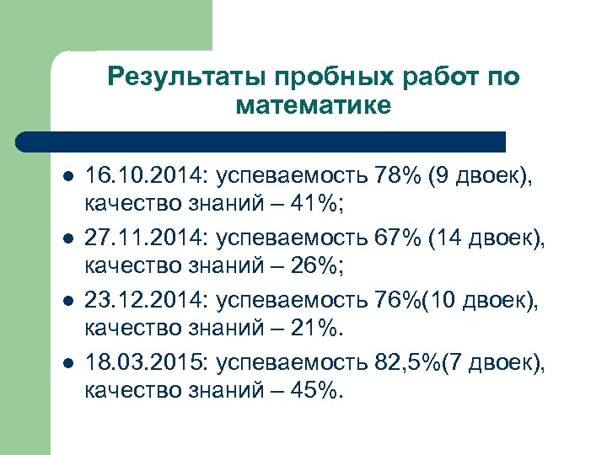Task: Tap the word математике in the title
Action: pyautogui.click(x=314, y=105)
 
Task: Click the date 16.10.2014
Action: pyautogui.click(x=144, y=175)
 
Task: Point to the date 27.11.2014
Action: pyautogui.click(x=144, y=241)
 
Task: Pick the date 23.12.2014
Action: pyautogui.click(x=144, y=300)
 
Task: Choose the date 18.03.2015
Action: pyautogui.click(x=144, y=362)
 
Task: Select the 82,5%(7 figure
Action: pyautogui.click(x=419, y=362)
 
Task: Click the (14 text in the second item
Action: pyautogui.click(x=444, y=241)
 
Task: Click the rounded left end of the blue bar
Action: pyautogui.click(x=25, y=142)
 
